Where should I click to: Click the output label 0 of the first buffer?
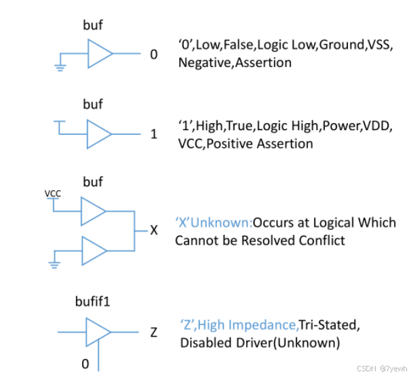click(x=153, y=54)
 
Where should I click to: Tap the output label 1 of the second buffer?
click(x=153, y=134)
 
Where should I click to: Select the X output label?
click(x=154, y=231)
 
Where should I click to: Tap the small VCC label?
click(x=53, y=194)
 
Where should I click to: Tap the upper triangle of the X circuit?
click(x=93, y=211)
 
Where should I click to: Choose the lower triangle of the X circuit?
click(x=93, y=251)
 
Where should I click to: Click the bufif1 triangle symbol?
click(x=96, y=332)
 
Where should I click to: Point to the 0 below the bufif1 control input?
click(x=85, y=364)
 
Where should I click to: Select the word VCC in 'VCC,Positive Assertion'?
click(x=191, y=144)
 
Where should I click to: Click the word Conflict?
click(x=321, y=240)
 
